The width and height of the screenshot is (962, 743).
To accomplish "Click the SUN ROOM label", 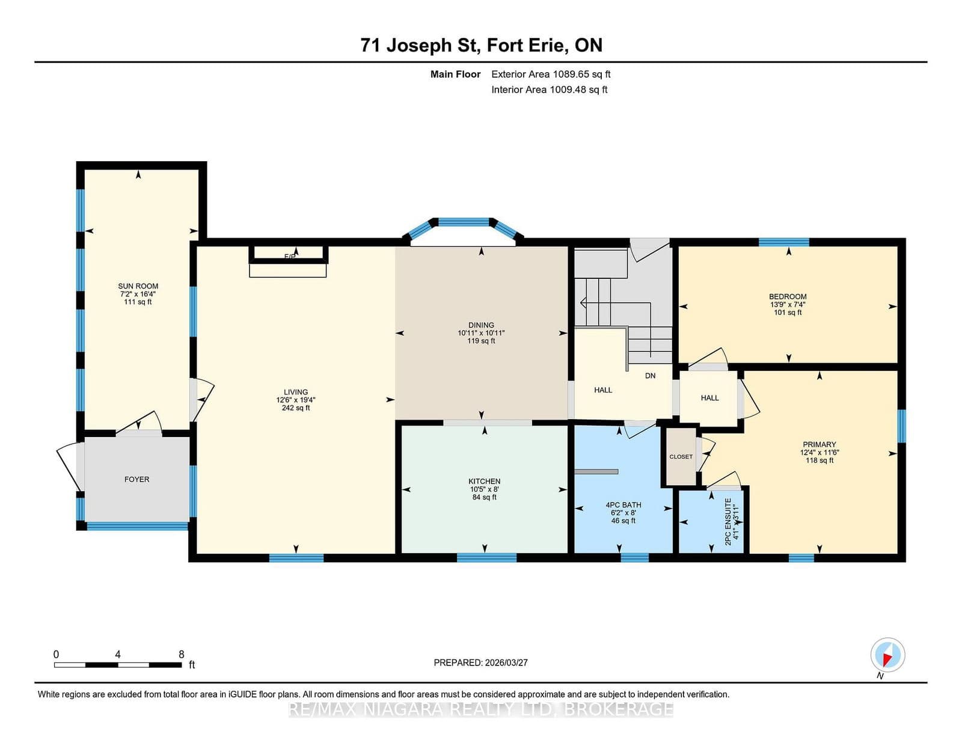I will tap(138, 286).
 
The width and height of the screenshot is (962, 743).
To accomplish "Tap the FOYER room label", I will tap(136, 479).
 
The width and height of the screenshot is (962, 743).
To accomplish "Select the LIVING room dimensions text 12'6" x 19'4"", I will tap(296, 400).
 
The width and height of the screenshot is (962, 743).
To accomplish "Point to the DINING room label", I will tap(481, 325).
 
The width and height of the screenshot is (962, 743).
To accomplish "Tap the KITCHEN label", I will tap(484, 481).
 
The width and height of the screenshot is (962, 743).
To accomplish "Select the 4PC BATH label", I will tap(623, 505).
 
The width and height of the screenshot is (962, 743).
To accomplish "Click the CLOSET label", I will tap(681, 457).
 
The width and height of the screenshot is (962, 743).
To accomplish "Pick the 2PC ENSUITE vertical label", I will tap(728, 521).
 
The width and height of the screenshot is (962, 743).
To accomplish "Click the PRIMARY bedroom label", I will tap(819, 444).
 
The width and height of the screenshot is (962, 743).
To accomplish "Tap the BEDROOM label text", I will tap(788, 296).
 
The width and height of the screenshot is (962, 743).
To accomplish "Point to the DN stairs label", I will tap(650, 376).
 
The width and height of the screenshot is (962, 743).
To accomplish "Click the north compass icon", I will tap(887, 655).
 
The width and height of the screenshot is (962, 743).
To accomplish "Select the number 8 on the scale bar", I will tap(181, 654).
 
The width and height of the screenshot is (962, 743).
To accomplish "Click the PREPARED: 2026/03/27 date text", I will tap(480, 662).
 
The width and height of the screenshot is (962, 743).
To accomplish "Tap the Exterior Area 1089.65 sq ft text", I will tap(551, 75).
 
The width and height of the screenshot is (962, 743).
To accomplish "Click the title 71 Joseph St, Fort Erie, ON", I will tap(481, 45).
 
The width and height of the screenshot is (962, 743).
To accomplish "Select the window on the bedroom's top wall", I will tap(783, 242).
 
